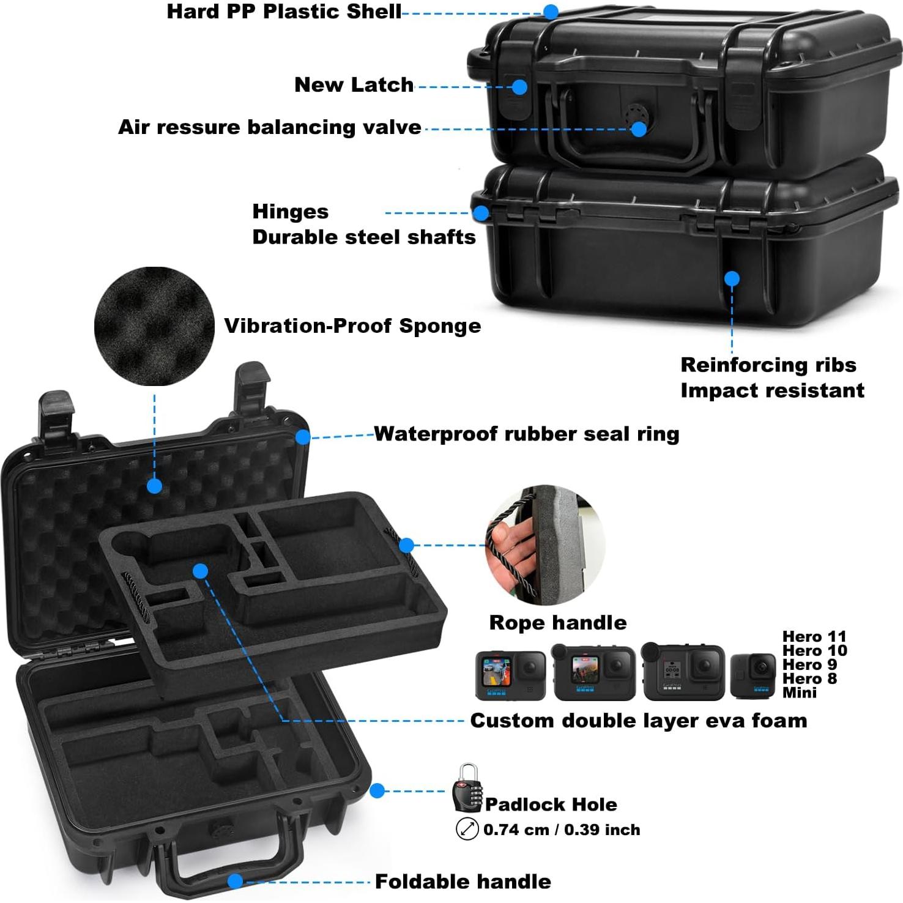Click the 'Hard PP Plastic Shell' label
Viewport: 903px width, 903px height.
click(x=284, y=12)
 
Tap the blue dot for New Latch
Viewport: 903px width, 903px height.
click(x=519, y=87)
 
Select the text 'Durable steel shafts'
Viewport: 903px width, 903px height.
click(x=363, y=237)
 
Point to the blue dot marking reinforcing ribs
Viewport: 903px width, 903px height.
click(x=732, y=279)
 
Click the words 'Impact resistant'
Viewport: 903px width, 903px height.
click(x=772, y=390)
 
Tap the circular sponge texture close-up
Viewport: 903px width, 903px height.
click(x=154, y=326)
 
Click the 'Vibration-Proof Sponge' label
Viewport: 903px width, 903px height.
click(x=352, y=326)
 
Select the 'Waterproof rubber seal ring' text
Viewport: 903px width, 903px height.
click(x=526, y=434)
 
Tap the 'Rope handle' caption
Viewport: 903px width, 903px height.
click(x=557, y=623)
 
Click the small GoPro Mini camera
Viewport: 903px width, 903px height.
click(x=752, y=675)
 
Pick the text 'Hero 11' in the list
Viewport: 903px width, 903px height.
click(x=814, y=637)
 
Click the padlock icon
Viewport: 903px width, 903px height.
click(x=467, y=787)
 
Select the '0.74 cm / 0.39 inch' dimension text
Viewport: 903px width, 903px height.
click(x=561, y=830)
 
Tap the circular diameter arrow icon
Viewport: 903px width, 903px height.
click(x=467, y=830)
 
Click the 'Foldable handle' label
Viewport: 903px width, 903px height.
click(x=463, y=882)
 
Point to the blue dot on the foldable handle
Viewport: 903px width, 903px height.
click(x=236, y=881)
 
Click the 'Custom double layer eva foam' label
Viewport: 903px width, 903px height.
click(x=638, y=721)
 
